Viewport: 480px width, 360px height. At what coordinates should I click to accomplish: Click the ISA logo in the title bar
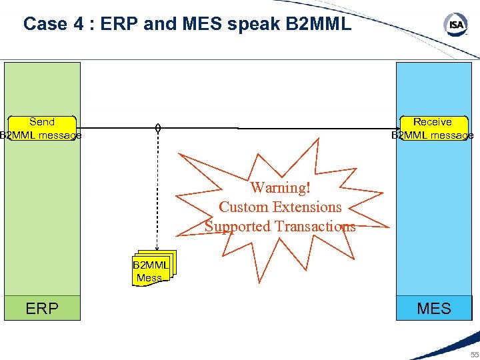coord(456,25)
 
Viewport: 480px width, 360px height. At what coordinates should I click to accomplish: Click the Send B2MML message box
coord(41,129)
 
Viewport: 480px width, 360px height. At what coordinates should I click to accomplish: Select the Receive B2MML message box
coord(433,129)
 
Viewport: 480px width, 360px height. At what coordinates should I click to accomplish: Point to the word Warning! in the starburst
coord(281,188)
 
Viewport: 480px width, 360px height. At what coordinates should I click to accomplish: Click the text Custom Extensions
coord(280,207)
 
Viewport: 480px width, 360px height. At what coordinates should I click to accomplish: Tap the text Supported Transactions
coord(280,227)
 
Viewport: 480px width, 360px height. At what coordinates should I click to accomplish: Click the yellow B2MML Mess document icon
coord(151,270)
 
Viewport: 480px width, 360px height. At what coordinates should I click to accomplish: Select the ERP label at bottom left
coord(42,309)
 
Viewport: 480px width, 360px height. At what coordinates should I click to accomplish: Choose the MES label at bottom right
coord(434,309)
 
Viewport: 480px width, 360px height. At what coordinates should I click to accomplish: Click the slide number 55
coord(474,355)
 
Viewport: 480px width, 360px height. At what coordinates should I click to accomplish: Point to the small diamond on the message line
coord(157,127)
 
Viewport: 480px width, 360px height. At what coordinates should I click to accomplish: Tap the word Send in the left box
coord(42,122)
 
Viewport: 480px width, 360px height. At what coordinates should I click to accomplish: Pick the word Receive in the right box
coord(433,122)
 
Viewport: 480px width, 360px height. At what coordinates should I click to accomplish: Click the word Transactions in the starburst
coord(315,227)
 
